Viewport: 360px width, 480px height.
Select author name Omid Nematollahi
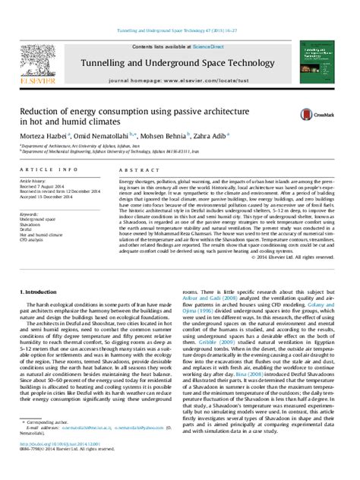[x=122, y=134]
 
